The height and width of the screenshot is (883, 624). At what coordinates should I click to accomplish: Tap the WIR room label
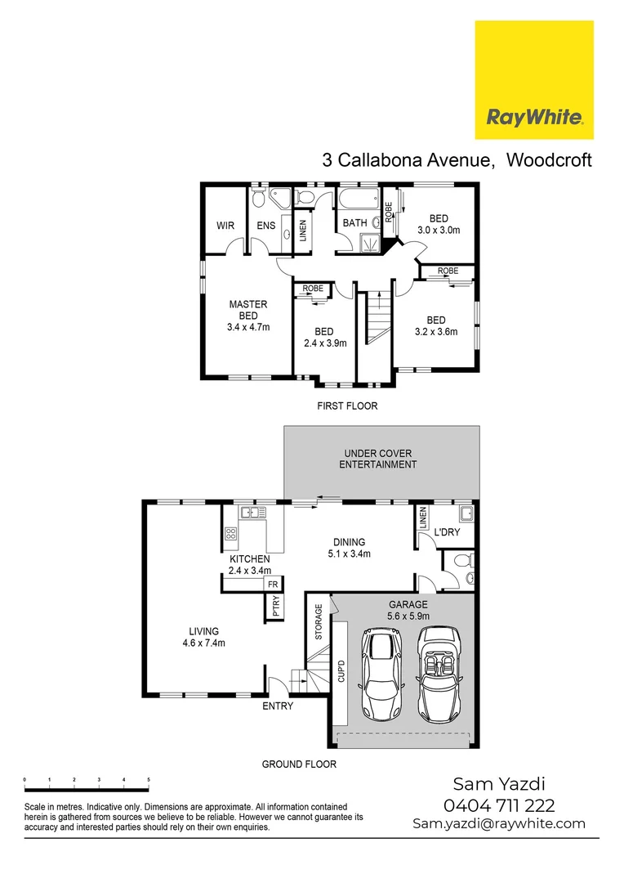(x=225, y=225)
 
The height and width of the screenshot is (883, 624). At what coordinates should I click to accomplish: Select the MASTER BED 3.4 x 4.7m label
(x=248, y=316)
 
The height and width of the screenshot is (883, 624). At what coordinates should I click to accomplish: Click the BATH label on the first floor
(x=354, y=222)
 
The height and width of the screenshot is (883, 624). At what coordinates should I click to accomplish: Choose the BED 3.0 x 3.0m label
(x=439, y=224)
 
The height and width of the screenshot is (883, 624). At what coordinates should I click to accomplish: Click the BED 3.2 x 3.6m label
(x=435, y=325)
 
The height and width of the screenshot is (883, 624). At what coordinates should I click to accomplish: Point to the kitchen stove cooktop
(x=230, y=536)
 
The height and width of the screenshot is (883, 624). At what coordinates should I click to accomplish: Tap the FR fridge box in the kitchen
(x=272, y=585)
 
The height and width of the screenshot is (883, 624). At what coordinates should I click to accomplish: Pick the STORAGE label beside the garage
(x=319, y=621)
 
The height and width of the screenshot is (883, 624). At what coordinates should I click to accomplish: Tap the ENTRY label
(x=277, y=706)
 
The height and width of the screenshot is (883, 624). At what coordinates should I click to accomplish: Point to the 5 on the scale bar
(x=149, y=781)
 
